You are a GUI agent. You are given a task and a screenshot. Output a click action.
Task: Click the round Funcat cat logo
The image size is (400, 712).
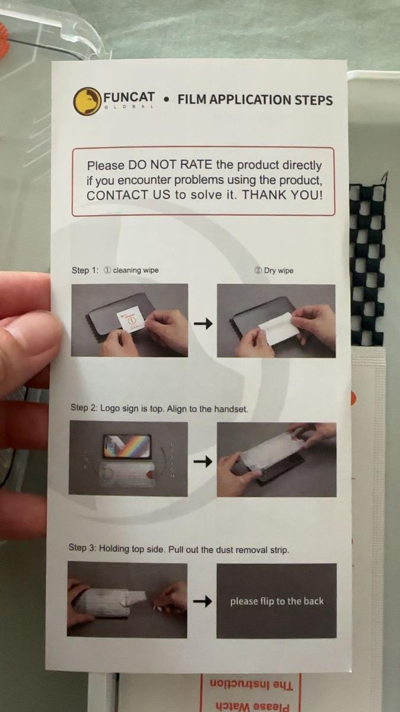coord(87,101)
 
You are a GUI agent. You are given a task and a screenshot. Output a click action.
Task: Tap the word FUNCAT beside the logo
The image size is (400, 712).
coord(129,97)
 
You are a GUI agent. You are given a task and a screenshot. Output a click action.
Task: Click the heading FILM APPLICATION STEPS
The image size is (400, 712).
coord(255,100)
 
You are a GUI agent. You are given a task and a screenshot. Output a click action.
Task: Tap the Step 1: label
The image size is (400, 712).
coord(85,271)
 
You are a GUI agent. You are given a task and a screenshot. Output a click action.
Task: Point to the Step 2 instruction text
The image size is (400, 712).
coord(159,408)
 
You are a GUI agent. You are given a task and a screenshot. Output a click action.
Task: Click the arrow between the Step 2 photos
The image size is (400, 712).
coord(203,461)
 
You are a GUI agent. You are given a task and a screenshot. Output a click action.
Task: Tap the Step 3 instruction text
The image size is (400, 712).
coord(178,549)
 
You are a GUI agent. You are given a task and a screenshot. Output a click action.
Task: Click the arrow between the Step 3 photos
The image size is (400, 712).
coord(203,602)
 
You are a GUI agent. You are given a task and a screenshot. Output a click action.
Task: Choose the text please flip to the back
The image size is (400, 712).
coord(277,601)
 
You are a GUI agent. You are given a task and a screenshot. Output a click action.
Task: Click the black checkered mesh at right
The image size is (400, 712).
coord(367,261)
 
